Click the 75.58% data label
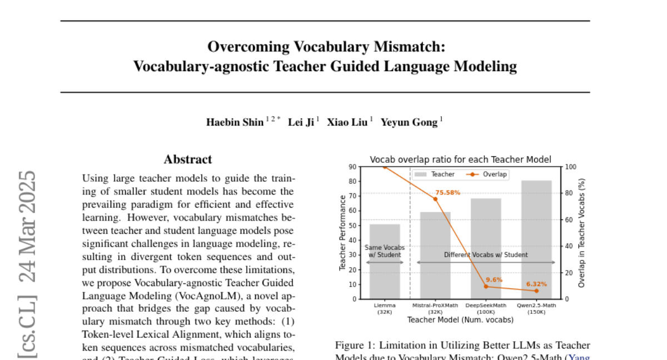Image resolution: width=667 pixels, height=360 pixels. tap(447, 193)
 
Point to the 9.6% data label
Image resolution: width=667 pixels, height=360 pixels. tap(494, 280)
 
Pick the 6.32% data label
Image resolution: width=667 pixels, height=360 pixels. tap(536, 284)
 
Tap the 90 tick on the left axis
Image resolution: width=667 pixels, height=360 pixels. tap(352, 167)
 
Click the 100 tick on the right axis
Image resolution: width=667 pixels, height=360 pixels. tap(571, 167)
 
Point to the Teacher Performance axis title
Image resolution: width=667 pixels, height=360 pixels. tap(343, 233)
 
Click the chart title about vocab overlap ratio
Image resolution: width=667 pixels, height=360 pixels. tap(460, 160)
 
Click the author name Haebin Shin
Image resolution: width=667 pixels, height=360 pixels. tap(235, 122)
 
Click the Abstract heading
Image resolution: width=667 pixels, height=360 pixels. tap(188, 159)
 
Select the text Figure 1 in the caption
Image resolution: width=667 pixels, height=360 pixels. tap(354, 346)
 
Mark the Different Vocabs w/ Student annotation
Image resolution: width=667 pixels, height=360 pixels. tap(486, 255)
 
